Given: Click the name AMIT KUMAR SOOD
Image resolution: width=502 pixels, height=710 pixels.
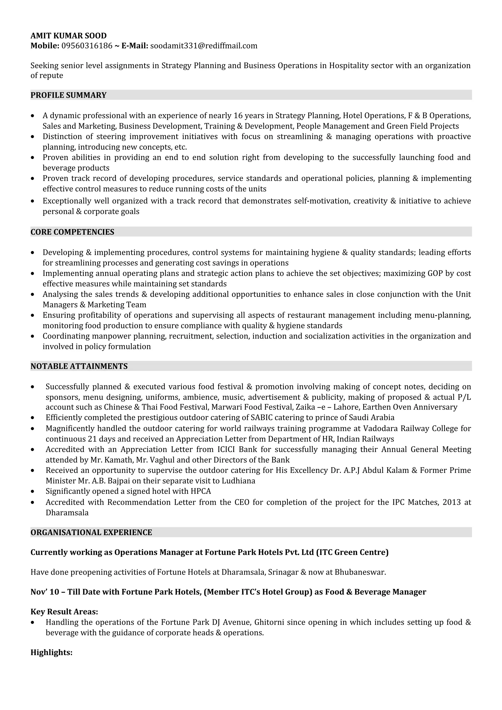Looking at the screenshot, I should click(x=68, y=36).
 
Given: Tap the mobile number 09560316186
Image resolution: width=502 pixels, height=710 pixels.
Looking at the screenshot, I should click(x=87, y=46).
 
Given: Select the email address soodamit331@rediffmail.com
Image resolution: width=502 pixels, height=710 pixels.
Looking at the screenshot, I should click(x=203, y=46).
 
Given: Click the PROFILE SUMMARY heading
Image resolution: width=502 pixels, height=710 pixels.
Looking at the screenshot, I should click(x=68, y=95).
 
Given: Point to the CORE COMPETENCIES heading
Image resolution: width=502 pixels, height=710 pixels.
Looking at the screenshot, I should click(x=72, y=232).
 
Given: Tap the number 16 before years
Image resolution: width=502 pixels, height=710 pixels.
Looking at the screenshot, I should click(x=238, y=116).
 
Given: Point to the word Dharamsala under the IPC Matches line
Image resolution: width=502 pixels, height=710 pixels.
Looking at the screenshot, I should click(x=67, y=513).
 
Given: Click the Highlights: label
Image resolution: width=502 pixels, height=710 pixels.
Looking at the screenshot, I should click(x=51, y=652).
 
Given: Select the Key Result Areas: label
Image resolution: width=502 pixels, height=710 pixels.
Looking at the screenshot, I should click(x=64, y=612).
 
